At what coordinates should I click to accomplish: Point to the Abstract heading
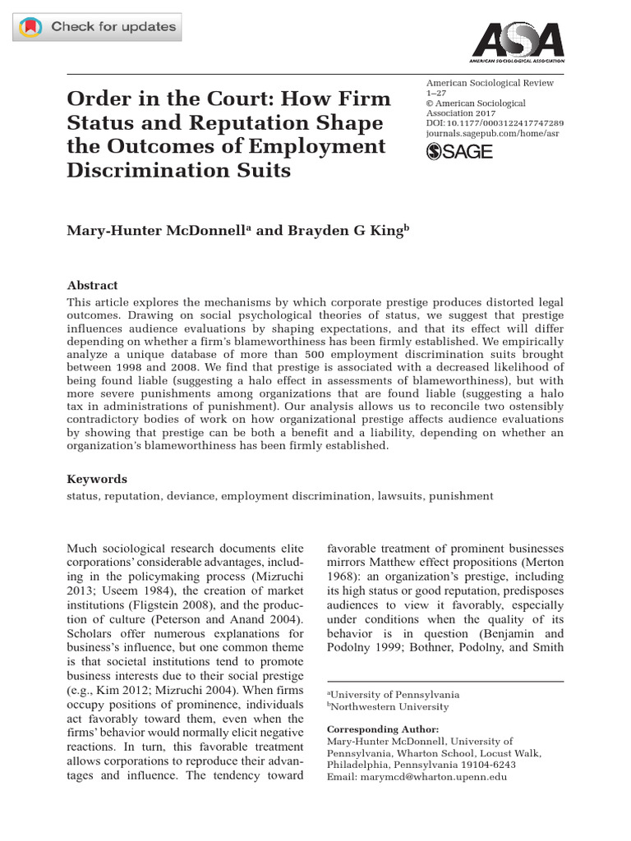pos(92,285)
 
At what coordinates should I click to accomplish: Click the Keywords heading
pos(97,479)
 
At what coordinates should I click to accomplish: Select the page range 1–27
pos(438,94)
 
